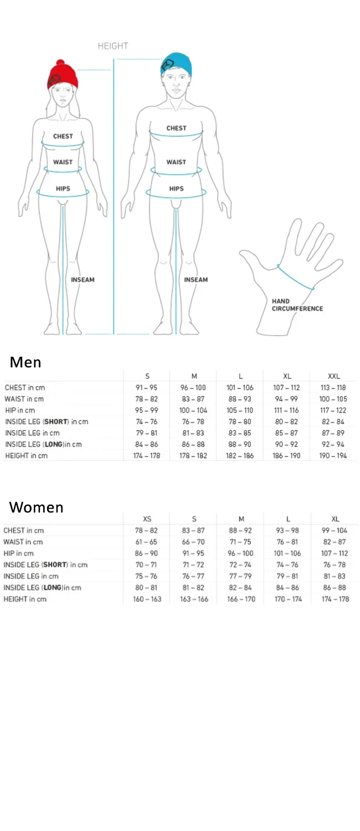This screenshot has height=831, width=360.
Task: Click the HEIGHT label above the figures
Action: (x=113, y=46)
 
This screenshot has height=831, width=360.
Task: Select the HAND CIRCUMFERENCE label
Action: (x=297, y=305)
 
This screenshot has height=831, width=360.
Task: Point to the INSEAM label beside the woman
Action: (x=83, y=280)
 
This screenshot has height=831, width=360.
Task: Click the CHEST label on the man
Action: (x=176, y=128)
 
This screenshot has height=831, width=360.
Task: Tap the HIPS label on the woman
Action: (x=63, y=188)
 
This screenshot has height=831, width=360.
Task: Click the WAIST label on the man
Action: (x=176, y=162)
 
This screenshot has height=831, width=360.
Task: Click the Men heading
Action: (x=25, y=362)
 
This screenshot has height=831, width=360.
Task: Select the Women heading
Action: (x=37, y=507)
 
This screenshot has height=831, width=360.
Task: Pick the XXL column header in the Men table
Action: (x=333, y=376)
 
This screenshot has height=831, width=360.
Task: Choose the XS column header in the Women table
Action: (x=147, y=519)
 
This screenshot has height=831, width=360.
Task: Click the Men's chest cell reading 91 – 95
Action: (x=146, y=388)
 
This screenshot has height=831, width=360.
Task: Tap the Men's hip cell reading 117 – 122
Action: (x=333, y=411)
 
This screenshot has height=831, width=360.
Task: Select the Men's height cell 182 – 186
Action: (x=240, y=455)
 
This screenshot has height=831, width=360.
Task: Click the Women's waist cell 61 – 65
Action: (x=146, y=542)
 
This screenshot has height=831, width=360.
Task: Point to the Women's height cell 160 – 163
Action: (x=147, y=599)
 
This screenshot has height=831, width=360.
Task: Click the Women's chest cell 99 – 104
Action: (x=335, y=531)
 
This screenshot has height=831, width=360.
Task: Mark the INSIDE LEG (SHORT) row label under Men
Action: (x=47, y=422)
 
